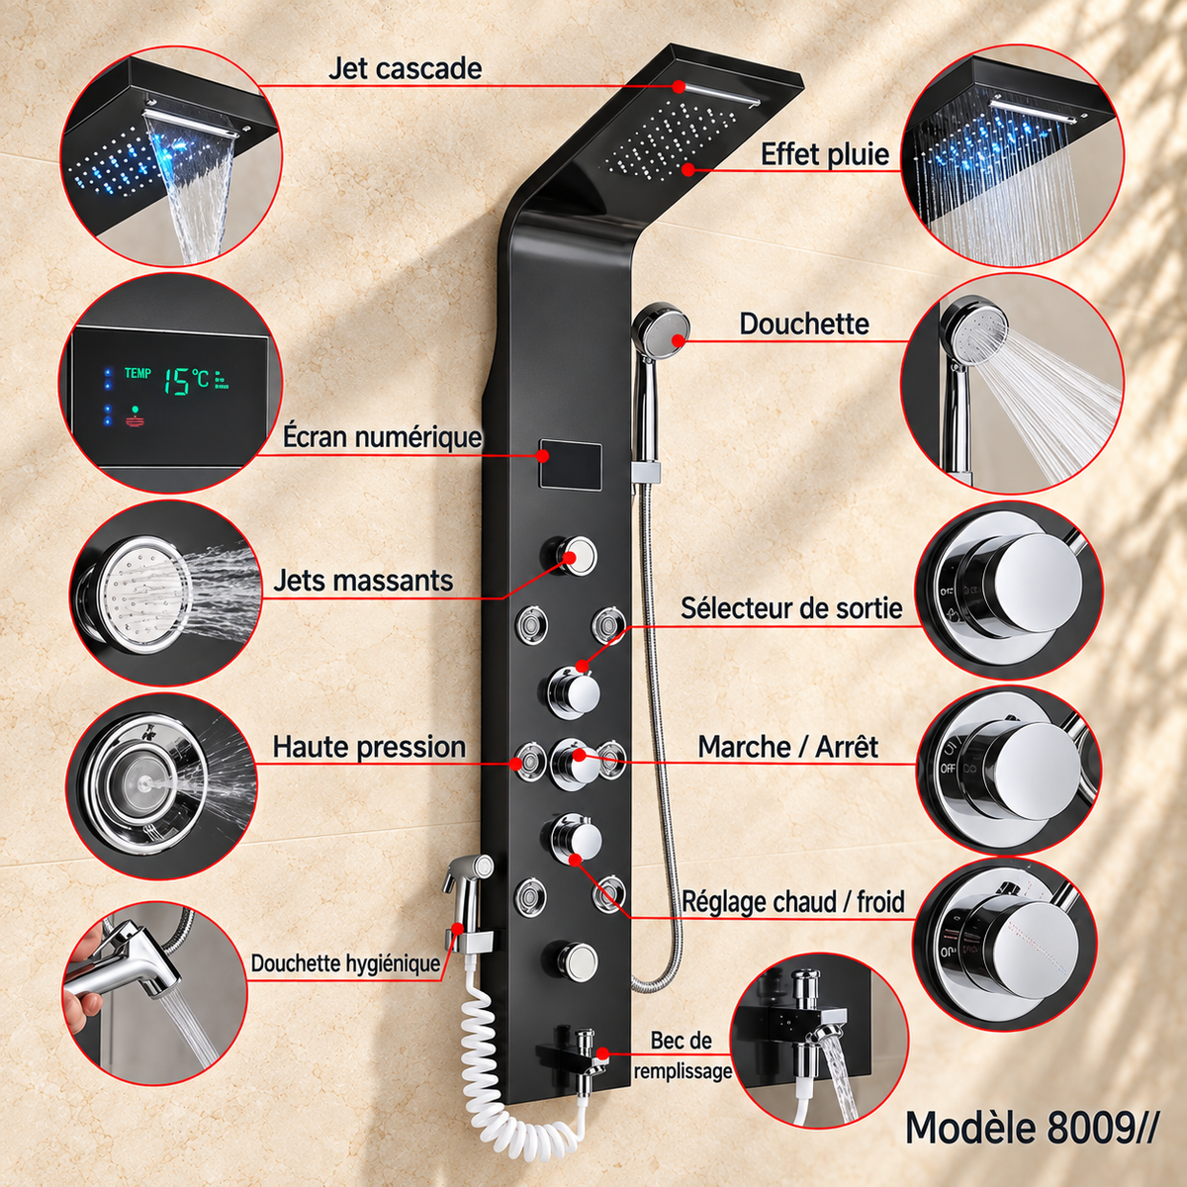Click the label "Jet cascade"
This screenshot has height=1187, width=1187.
click(x=405, y=68)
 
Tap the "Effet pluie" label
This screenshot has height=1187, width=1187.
click(x=825, y=154)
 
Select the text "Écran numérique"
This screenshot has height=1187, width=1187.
click(x=382, y=437)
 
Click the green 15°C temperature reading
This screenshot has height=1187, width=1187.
click(x=187, y=381)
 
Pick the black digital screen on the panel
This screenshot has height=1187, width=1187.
click(x=570, y=465)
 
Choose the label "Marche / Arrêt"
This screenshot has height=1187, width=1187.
click(x=787, y=747)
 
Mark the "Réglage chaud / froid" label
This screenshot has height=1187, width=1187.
click(x=793, y=902)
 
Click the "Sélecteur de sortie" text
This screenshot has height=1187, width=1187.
click(x=791, y=608)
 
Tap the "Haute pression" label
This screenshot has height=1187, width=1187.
click(x=369, y=747)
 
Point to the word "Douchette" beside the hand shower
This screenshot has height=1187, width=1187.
click(x=804, y=324)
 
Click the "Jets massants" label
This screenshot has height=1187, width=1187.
click(x=363, y=581)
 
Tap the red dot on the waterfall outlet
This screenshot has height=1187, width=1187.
click(x=679, y=86)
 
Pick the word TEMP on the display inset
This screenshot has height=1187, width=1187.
click(x=137, y=373)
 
